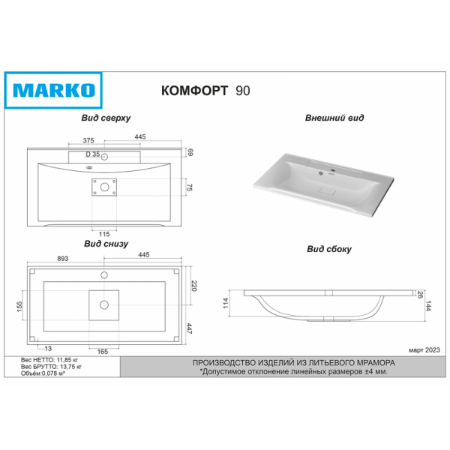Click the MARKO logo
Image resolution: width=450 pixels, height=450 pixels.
tap(53, 91)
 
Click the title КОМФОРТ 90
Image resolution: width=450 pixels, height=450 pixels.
tap(205, 91)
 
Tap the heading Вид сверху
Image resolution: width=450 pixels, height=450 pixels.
tap(106, 118)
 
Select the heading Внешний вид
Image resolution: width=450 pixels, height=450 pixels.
tap(334, 118)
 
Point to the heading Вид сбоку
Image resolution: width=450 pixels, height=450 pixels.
tap(329, 249)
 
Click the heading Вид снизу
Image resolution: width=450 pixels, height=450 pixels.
tap(106, 244)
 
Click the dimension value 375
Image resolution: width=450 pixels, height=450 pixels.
tap(88, 140)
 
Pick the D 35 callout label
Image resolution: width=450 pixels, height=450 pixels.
tap(93, 154)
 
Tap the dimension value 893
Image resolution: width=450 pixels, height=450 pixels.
tap(62, 258)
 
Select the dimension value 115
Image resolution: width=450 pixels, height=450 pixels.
tap(104, 234)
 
